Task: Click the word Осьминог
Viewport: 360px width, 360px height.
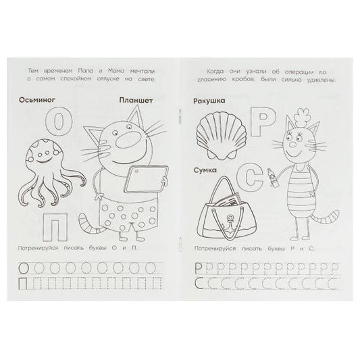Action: pyautogui.click(x=37, y=100)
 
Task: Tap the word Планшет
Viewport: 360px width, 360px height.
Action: pyautogui.click(x=136, y=101)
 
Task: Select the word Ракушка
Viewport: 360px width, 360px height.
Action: pyautogui.click(x=209, y=101)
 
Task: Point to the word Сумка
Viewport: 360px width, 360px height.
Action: pyautogui.click(x=205, y=170)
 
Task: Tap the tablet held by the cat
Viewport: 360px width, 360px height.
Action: pyautogui.click(x=146, y=179)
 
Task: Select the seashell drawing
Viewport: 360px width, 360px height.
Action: pyautogui.click(x=221, y=136)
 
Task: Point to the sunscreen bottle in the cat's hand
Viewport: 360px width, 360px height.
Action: pyautogui.click(x=271, y=178)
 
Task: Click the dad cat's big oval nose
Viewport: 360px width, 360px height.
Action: pyautogui.click(x=126, y=140)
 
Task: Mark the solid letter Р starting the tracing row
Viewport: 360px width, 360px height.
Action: pyautogui.click(x=199, y=267)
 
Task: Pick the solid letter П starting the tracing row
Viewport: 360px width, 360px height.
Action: pyautogui.click(x=23, y=283)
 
